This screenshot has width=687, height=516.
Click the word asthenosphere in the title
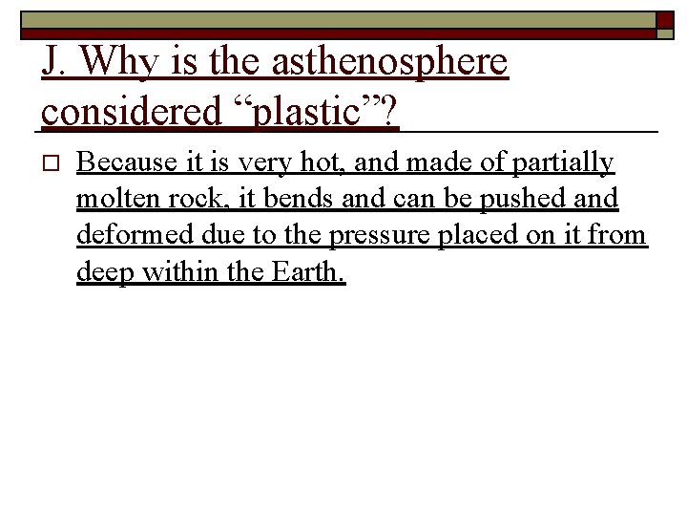click(x=389, y=64)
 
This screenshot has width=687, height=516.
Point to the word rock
click(x=196, y=200)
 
